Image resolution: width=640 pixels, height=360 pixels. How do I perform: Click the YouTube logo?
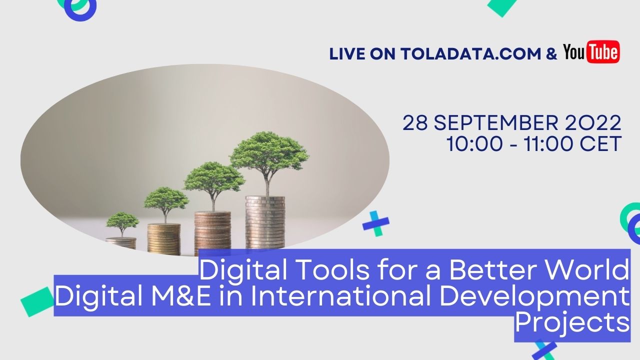[591, 52]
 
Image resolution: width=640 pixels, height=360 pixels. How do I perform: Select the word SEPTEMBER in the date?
[505, 123]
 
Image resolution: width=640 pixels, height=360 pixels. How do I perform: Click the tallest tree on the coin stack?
[269, 155]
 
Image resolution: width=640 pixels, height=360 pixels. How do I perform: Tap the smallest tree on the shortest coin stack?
[122, 223]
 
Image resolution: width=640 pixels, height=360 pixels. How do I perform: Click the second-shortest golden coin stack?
[163, 239]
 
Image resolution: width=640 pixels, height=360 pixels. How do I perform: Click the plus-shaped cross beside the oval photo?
[375, 223]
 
